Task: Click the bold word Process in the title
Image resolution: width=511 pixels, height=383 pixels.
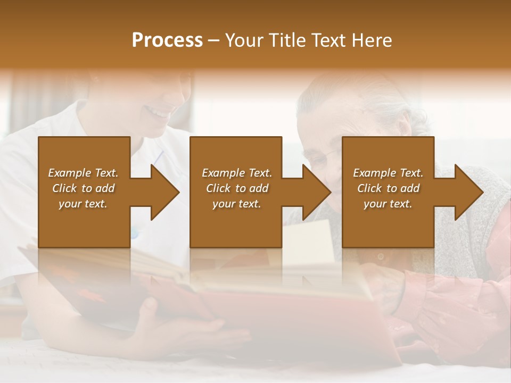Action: pos(167,40)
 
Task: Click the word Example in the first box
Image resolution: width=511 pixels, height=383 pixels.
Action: pos(70,173)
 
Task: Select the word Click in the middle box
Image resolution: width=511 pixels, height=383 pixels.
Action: pos(218,188)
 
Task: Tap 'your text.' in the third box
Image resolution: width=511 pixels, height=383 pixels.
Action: pos(388,204)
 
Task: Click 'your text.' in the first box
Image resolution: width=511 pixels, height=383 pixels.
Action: pos(83,204)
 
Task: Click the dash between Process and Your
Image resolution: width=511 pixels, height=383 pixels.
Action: pos(214,40)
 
